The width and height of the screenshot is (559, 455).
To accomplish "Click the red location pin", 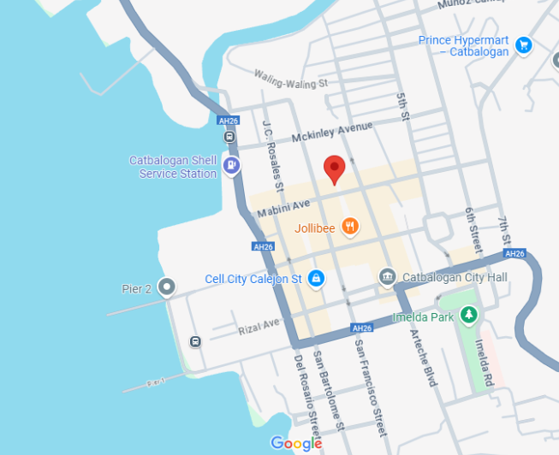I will (x=334, y=169).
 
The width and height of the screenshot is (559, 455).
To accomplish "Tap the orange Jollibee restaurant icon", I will (x=349, y=227).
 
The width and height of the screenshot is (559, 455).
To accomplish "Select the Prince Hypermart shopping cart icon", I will (x=524, y=45).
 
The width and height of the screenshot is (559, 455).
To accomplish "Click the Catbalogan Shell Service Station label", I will (x=173, y=167).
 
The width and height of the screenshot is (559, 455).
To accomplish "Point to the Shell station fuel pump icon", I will (x=230, y=165).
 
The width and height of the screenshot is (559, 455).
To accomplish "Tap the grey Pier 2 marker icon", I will (x=167, y=287).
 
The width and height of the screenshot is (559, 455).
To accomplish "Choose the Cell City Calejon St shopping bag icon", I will (x=316, y=278).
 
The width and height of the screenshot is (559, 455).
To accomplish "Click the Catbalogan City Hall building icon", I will (x=387, y=277).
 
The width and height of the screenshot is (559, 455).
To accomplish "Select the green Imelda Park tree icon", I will (x=468, y=316).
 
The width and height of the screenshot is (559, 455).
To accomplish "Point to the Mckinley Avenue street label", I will (x=332, y=133).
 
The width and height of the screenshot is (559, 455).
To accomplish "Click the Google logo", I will (x=296, y=443).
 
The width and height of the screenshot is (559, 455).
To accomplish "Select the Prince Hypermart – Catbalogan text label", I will (x=463, y=46).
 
